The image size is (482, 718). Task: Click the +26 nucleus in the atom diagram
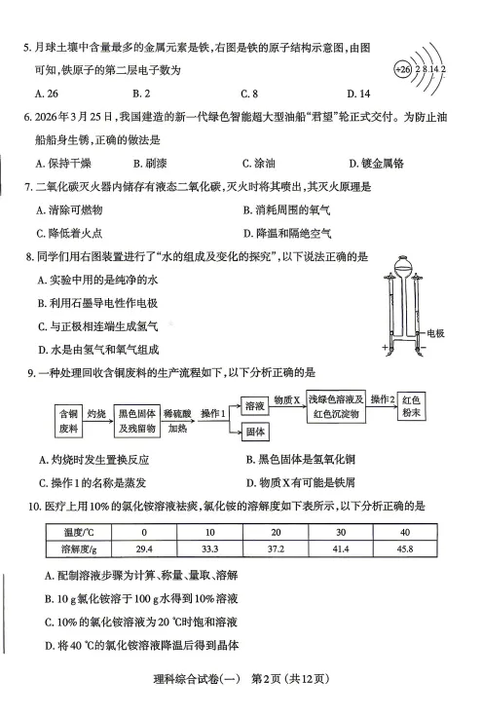click(403, 69)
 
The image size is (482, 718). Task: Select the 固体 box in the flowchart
click(256, 431)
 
